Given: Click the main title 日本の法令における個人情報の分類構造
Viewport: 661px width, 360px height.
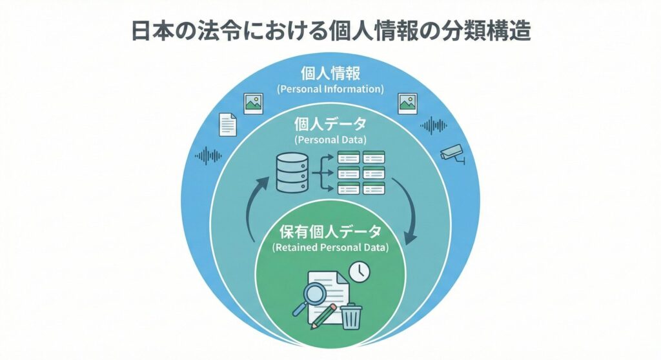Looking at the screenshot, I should (330, 30).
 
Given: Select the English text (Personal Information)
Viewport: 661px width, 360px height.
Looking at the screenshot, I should (330, 88).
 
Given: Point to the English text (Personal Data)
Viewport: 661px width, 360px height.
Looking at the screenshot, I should (330, 139).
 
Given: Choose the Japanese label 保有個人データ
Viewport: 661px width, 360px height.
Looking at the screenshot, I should (330, 232).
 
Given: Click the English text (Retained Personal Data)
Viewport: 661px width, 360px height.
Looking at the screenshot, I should (330, 247).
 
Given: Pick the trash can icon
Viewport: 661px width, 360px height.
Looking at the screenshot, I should (351, 316).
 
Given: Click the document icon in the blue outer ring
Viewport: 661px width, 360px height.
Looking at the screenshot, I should (228, 125).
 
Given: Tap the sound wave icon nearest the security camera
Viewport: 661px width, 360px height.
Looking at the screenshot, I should (434, 125).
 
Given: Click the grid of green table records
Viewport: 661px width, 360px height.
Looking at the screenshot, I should (361, 172).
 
